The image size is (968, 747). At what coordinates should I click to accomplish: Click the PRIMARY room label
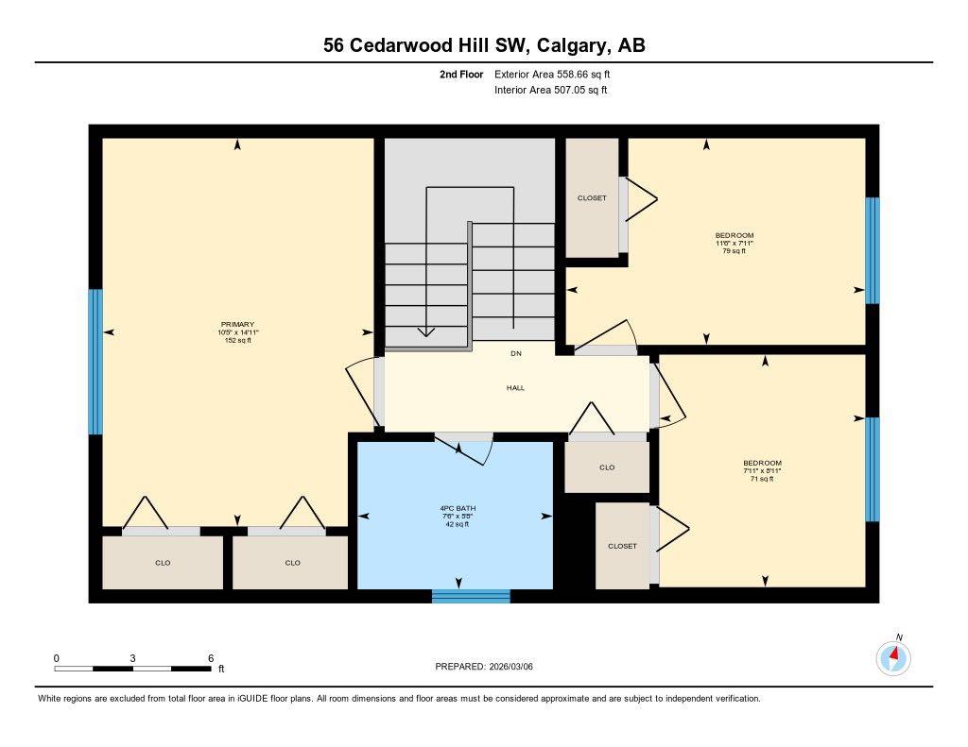click(x=237, y=324)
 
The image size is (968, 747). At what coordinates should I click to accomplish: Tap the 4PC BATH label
click(x=458, y=508)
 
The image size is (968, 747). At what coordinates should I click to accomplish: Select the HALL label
click(x=515, y=387)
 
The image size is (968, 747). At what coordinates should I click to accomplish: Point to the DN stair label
click(x=515, y=353)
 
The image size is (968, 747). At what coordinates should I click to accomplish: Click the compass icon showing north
click(x=893, y=656)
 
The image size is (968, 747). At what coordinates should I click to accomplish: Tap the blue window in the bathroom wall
click(x=471, y=595)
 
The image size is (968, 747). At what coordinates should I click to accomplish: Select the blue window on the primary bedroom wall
click(x=95, y=362)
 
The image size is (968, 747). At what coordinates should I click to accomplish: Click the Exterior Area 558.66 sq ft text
click(x=559, y=74)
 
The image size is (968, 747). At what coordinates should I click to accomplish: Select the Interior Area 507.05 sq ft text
click(x=550, y=91)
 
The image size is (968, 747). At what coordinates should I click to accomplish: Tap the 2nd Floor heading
click(x=461, y=74)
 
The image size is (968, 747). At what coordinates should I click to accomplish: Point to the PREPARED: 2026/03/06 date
click(x=491, y=666)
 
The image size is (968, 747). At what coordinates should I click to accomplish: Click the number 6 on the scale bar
click(x=210, y=658)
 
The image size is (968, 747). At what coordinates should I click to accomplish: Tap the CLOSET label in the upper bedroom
click(x=592, y=197)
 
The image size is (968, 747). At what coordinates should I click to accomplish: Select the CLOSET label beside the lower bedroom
click(x=622, y=546)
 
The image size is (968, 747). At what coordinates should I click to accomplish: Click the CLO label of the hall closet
click(x=607, y=467)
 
